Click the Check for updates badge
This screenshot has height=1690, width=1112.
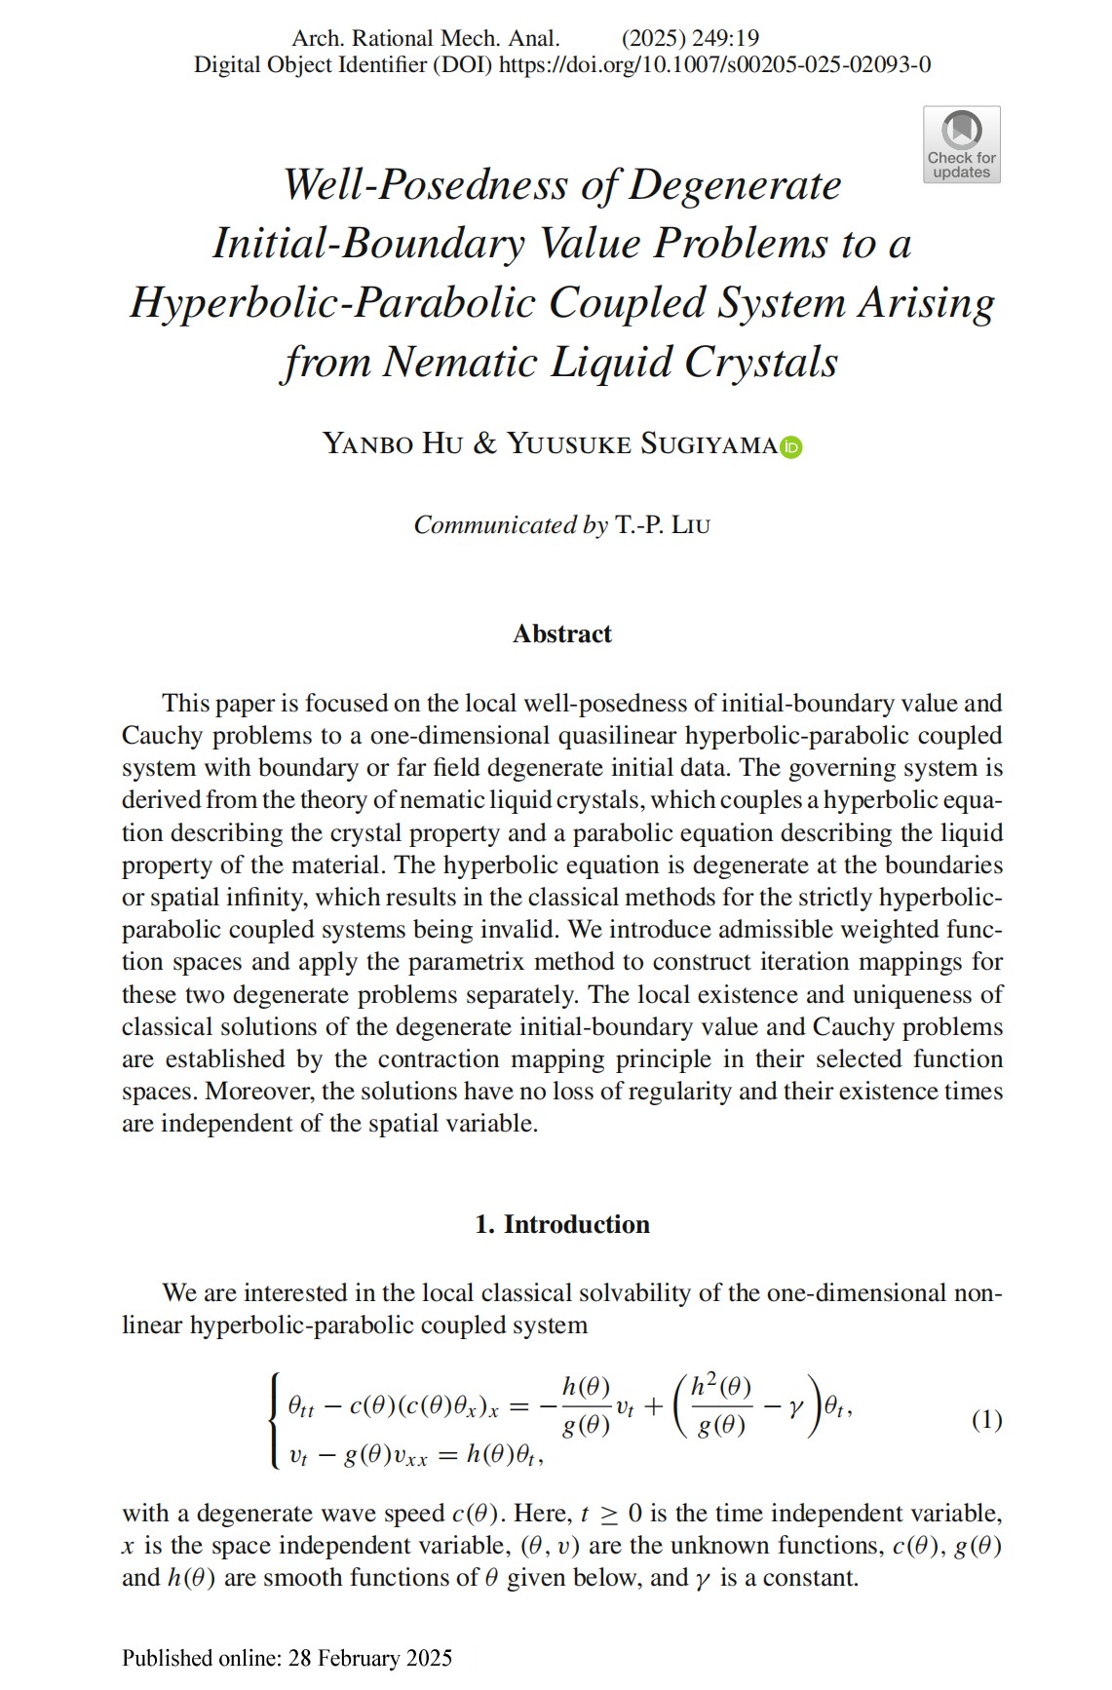(x=961, y=144)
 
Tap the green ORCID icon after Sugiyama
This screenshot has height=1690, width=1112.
(x=791, y=446)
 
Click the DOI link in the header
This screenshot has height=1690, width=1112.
(x=714, y=64)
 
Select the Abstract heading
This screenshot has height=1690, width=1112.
(x=562, y=634)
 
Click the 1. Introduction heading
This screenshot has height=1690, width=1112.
(x=562, y=1224)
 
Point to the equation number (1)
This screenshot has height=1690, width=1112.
(x=986, y=1419)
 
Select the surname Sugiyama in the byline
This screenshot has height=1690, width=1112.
(x=709, y=444)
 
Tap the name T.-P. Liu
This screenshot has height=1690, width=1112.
(x=663, y=525)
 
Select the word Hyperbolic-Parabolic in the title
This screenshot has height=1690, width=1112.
(x=331, y=303)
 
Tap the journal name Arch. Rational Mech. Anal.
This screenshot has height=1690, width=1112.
(x=426, y=38)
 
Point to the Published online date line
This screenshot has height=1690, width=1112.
(x=288, y=1658)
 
